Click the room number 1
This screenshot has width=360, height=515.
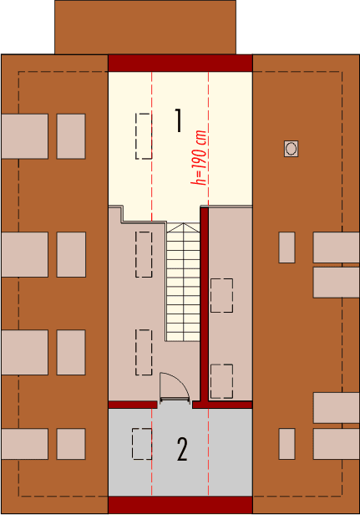pyautogui.click(x=178, y=120)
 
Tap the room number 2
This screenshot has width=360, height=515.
pyautogui.click(x=182, y=450)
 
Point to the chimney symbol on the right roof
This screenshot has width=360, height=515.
pyautogui.click(x=291, y=148)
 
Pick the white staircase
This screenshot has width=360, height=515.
pyautogui.click(x=183, y=280)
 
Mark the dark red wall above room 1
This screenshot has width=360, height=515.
pyautogui.click(x=180, y=64)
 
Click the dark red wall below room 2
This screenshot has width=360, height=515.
pyautogui.click(x=180, y=505)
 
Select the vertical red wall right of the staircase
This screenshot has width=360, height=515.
pyautogui.click(x=204, y=305)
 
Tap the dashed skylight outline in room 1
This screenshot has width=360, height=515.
pyautogui.click(x=144, y=135)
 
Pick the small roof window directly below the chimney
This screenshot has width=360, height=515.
pyautogui.click(x=286, y=247)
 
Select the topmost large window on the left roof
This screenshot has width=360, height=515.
pyautogui.click(x=25, y=136)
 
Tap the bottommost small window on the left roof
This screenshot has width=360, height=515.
pyautogui.click(x=71, y=444)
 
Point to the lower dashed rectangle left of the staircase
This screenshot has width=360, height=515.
pyautogui.click(x=144, y=353)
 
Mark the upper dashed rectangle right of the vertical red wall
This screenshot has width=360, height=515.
pyautogui.click(x=221, y=295)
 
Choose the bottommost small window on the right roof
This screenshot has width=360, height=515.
pyautogui.click(x=286, y=443)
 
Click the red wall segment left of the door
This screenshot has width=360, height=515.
pyautogui.click(x=133, y=404)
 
